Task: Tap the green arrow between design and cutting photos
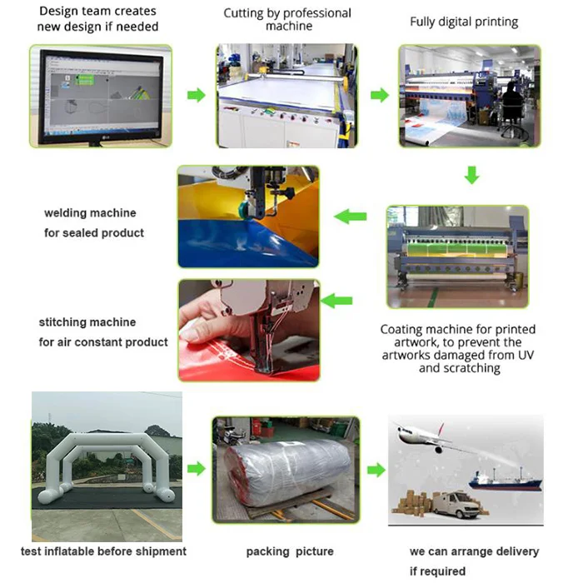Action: [196, 95]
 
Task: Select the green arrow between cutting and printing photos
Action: [380, 95]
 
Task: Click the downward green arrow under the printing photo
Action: [471, 176]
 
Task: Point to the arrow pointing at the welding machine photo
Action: [351, 217]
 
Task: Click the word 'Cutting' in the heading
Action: [246, 13]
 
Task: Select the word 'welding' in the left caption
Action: [67, 213]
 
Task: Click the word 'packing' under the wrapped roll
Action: [267, 551]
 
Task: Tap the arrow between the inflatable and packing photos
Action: [196, 469]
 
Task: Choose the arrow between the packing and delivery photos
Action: [376, 470]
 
